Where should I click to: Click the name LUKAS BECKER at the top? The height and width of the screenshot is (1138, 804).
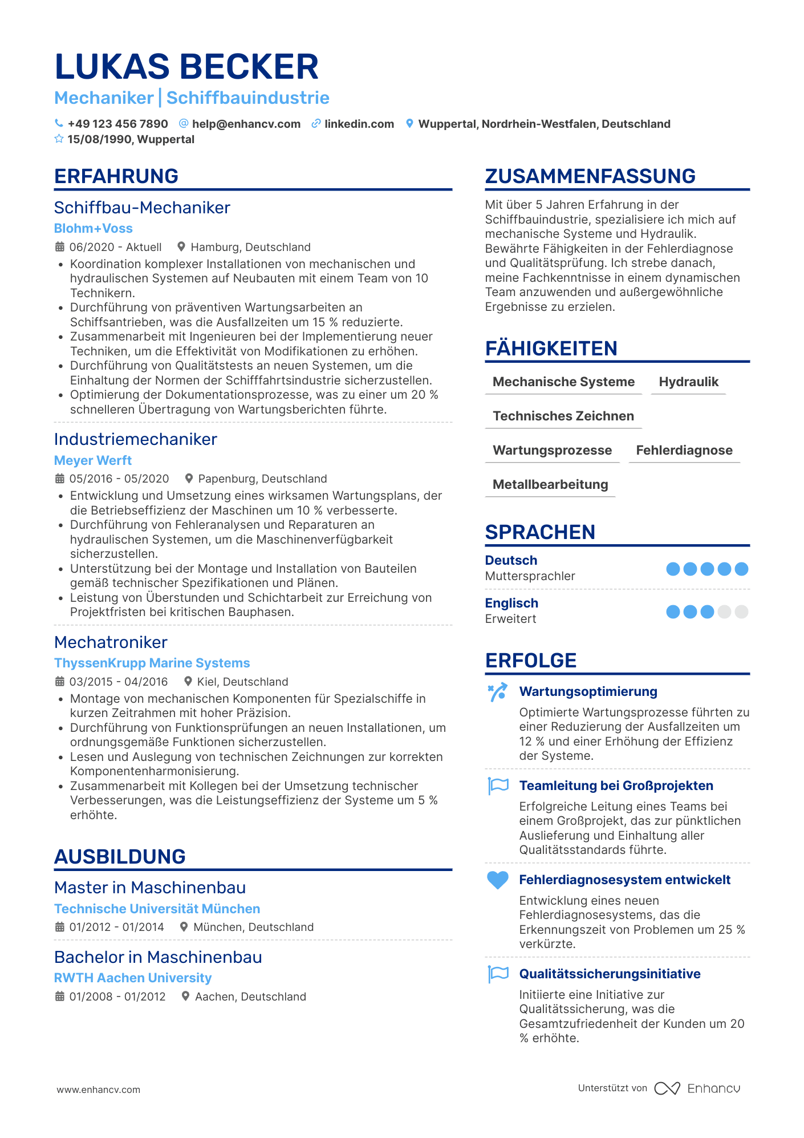point(186,66)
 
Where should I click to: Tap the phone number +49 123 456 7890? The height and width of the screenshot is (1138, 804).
point(117,124)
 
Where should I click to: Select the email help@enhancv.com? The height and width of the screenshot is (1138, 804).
point(246,124)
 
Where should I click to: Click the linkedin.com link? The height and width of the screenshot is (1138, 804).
point(359,124)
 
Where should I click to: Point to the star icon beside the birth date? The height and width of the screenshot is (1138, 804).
point(59,139)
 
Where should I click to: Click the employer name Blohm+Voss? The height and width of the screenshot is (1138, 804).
point(93,228)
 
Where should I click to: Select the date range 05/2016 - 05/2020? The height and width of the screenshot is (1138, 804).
point(119,479)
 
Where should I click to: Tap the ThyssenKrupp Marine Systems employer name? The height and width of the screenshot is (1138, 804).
point(152,663)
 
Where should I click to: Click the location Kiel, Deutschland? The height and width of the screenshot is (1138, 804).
point(242,682)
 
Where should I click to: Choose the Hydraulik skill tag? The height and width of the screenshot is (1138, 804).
point(688,382)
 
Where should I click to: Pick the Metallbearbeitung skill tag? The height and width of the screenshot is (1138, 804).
point(550,484)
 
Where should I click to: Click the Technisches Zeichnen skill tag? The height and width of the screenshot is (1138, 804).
point(563,416)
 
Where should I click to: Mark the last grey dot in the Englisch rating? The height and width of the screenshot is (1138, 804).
point(741,612)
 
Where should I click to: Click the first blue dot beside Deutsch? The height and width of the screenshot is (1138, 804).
point(673,569)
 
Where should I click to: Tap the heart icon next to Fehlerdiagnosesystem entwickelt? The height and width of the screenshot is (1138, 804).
point(497,880)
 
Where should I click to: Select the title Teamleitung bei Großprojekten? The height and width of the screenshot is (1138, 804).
point(616,785)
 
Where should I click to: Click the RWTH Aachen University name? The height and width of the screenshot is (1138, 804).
point(133,978)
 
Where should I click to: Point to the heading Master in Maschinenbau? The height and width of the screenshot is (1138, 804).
point(150,888)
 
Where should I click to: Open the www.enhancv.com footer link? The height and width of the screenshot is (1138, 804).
point(98,1090)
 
